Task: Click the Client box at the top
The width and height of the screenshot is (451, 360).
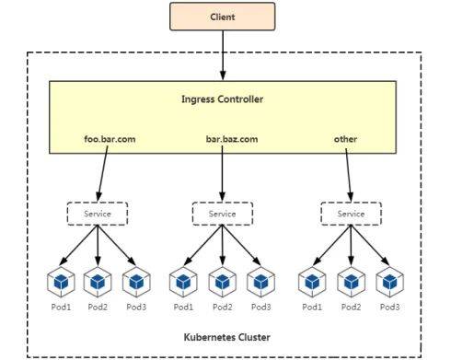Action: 222,16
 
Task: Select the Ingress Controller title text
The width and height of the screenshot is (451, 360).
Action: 223,99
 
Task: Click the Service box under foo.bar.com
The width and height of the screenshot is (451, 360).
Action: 98,214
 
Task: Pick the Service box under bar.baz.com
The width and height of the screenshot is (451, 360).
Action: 222,214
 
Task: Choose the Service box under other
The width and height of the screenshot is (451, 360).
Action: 350,214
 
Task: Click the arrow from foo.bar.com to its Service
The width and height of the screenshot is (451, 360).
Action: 102,175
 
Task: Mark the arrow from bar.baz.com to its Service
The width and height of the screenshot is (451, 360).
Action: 222,175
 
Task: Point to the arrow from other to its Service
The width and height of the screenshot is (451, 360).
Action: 348,175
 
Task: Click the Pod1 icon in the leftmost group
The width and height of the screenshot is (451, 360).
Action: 61,280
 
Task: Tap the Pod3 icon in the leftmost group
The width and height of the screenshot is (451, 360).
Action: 136,280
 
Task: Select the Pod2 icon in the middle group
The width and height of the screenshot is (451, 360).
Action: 222,280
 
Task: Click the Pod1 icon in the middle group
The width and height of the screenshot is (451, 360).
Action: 183,280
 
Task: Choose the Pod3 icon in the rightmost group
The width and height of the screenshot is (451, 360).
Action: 388,280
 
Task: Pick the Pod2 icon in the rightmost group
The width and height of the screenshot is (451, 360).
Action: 350,280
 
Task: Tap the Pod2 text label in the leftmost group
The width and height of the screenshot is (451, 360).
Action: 98,306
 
